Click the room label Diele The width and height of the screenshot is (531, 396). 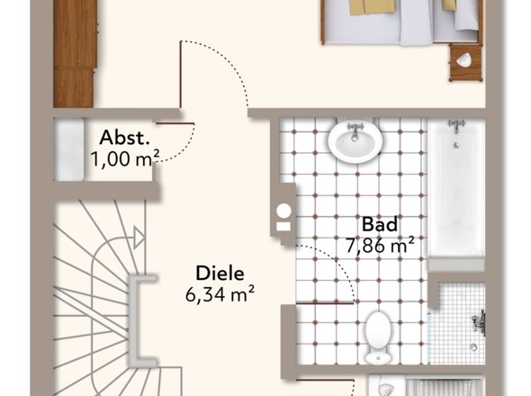(220, 274)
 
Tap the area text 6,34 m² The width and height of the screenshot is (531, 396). (220, 294)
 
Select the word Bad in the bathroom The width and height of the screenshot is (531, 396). (380, 224)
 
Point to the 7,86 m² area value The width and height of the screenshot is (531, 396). (380, 246)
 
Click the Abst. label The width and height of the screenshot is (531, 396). (124, 138)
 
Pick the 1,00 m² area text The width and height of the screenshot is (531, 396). (124, 158)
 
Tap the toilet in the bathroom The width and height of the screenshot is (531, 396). (377, 337)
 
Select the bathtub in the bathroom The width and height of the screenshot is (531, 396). (456, 190)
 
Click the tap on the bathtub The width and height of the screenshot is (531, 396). (456, 125)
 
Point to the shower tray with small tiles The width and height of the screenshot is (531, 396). (456, 323)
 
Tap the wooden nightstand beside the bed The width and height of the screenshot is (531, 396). (465, 63)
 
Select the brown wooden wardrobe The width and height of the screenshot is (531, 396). (76, 53)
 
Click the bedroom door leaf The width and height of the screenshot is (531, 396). (181, 75)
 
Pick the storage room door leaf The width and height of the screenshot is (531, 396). (175, 123)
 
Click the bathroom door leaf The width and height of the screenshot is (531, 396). (325, 303)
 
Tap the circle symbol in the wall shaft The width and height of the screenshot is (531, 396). (283, 210)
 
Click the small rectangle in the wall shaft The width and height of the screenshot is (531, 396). (283, 226)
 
